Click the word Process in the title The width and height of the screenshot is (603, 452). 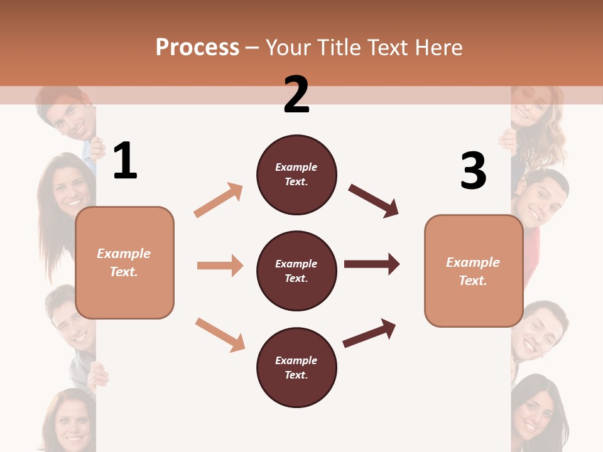[x=197, y=48]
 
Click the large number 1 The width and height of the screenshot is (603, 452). [x=125, y=161]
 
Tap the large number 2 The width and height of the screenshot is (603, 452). [x=296, y=95]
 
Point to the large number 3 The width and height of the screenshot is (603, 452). [x=473, y=171]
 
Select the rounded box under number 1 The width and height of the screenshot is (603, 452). [x=124, y=262]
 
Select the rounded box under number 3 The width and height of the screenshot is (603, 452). [x=474, y=271]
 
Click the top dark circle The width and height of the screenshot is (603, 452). [x=296, y=175]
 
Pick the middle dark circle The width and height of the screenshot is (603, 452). [x=296, y=271]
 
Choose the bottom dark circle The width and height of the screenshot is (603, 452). [x=296, y=367]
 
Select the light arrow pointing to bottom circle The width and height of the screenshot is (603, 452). [x=220, y=334]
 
